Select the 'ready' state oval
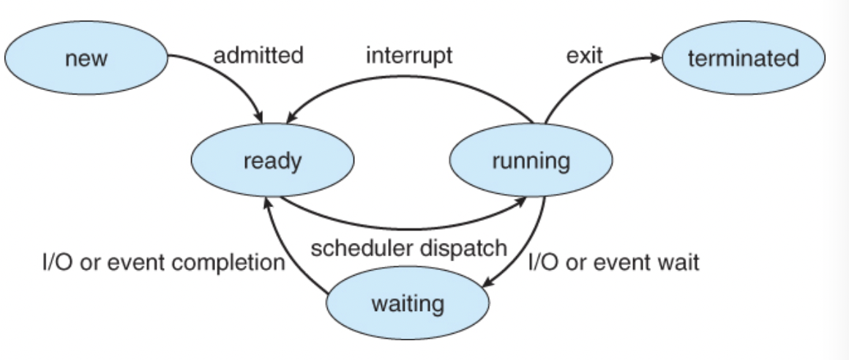pos(272,160)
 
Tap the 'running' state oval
pos(531,160)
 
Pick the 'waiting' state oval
pos(408,303)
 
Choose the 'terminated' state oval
pos(743,59)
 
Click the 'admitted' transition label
pos(258,56)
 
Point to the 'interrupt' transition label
pos(409,56)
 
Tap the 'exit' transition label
pos(584,56)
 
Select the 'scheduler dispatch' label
pos(408,249)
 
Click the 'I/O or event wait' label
pos(613,261)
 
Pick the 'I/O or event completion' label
pos(162,261)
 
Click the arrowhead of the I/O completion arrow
pos(269,204)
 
